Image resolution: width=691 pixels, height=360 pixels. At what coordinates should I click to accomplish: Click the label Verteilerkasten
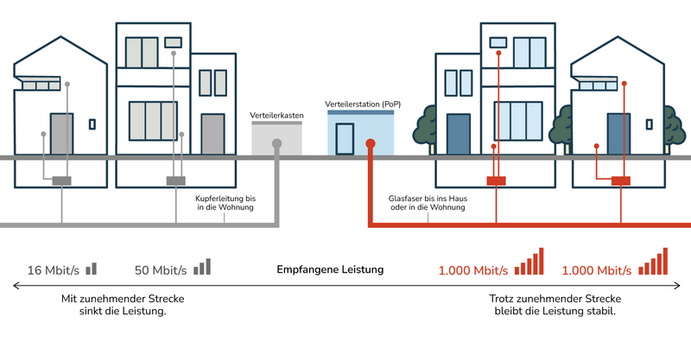276,114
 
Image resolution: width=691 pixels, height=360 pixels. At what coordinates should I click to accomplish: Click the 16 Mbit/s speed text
54,270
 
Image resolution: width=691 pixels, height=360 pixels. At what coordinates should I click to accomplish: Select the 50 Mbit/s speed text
162,270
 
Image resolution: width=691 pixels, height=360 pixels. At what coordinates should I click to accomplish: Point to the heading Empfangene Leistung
330,270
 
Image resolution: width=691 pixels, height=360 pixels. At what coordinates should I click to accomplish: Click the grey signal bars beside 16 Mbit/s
92,268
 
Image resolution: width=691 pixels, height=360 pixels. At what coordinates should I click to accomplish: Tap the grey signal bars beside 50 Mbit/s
202,267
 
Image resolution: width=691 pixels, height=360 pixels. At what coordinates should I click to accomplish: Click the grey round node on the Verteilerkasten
276,144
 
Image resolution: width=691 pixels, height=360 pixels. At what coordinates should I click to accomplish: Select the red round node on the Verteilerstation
370,144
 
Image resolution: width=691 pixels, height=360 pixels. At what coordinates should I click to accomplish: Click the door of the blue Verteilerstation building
345,139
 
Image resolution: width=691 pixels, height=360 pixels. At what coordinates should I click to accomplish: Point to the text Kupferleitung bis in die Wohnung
226,204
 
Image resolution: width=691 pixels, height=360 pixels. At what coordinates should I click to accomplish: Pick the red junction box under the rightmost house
619,181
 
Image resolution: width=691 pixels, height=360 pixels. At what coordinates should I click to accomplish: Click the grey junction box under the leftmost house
62,181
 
